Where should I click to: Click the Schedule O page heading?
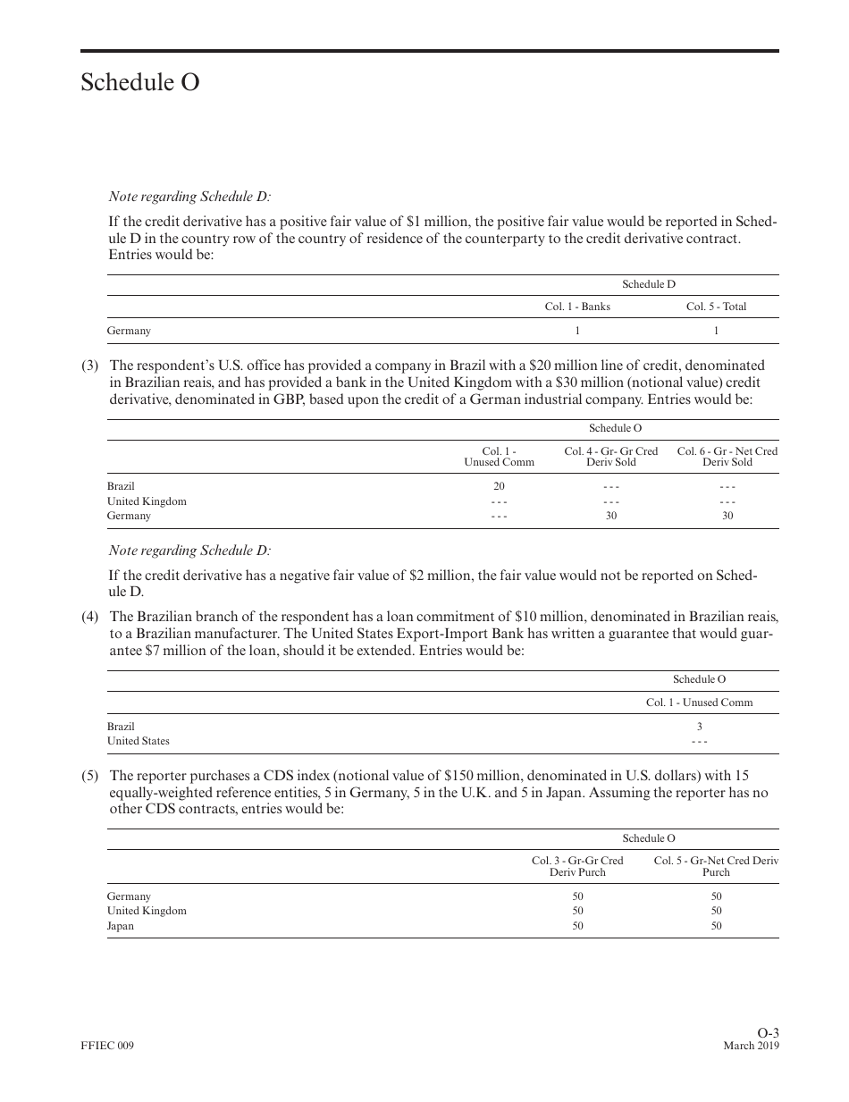pos(140,82)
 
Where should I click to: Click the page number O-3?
pos(768,1033)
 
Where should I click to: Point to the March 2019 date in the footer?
pos(751,1047)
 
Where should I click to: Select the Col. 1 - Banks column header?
pos(577,307)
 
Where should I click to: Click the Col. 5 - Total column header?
pos(716,307)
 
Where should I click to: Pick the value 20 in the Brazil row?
pos(499,486)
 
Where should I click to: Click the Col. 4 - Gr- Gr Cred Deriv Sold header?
pos(610,457)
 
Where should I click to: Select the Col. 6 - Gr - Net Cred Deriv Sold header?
pos(727,457)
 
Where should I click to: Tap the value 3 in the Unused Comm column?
pos(699,727)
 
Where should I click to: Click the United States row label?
pos(138,741)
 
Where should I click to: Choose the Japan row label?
pos(121,926)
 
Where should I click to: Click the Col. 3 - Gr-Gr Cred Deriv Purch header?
pos(577,866)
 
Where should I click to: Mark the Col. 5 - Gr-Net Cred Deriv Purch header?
pos(716,866)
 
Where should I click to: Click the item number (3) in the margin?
pos(90,366)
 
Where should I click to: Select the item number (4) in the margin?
pos(90,617)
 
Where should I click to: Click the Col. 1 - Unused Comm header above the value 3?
pos(699,702)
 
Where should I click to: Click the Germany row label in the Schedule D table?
pos(129,331)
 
